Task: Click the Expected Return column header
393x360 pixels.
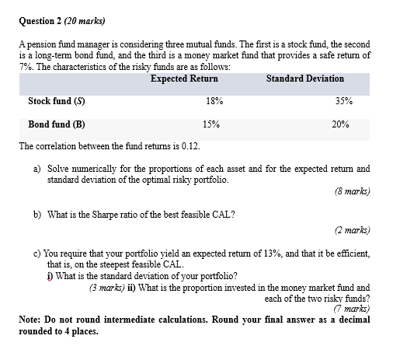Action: [184, 79]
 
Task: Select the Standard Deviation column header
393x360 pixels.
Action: [304, 79]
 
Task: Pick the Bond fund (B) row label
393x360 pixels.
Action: [57, 124]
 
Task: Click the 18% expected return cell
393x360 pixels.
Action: [215, 102]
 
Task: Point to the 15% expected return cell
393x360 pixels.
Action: [210, 124]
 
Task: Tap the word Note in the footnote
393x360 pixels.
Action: [30, 320]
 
